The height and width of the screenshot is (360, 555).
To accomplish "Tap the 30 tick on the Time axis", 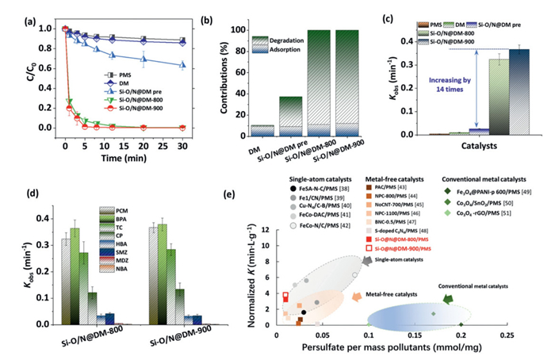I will click(x=184, y=142).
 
